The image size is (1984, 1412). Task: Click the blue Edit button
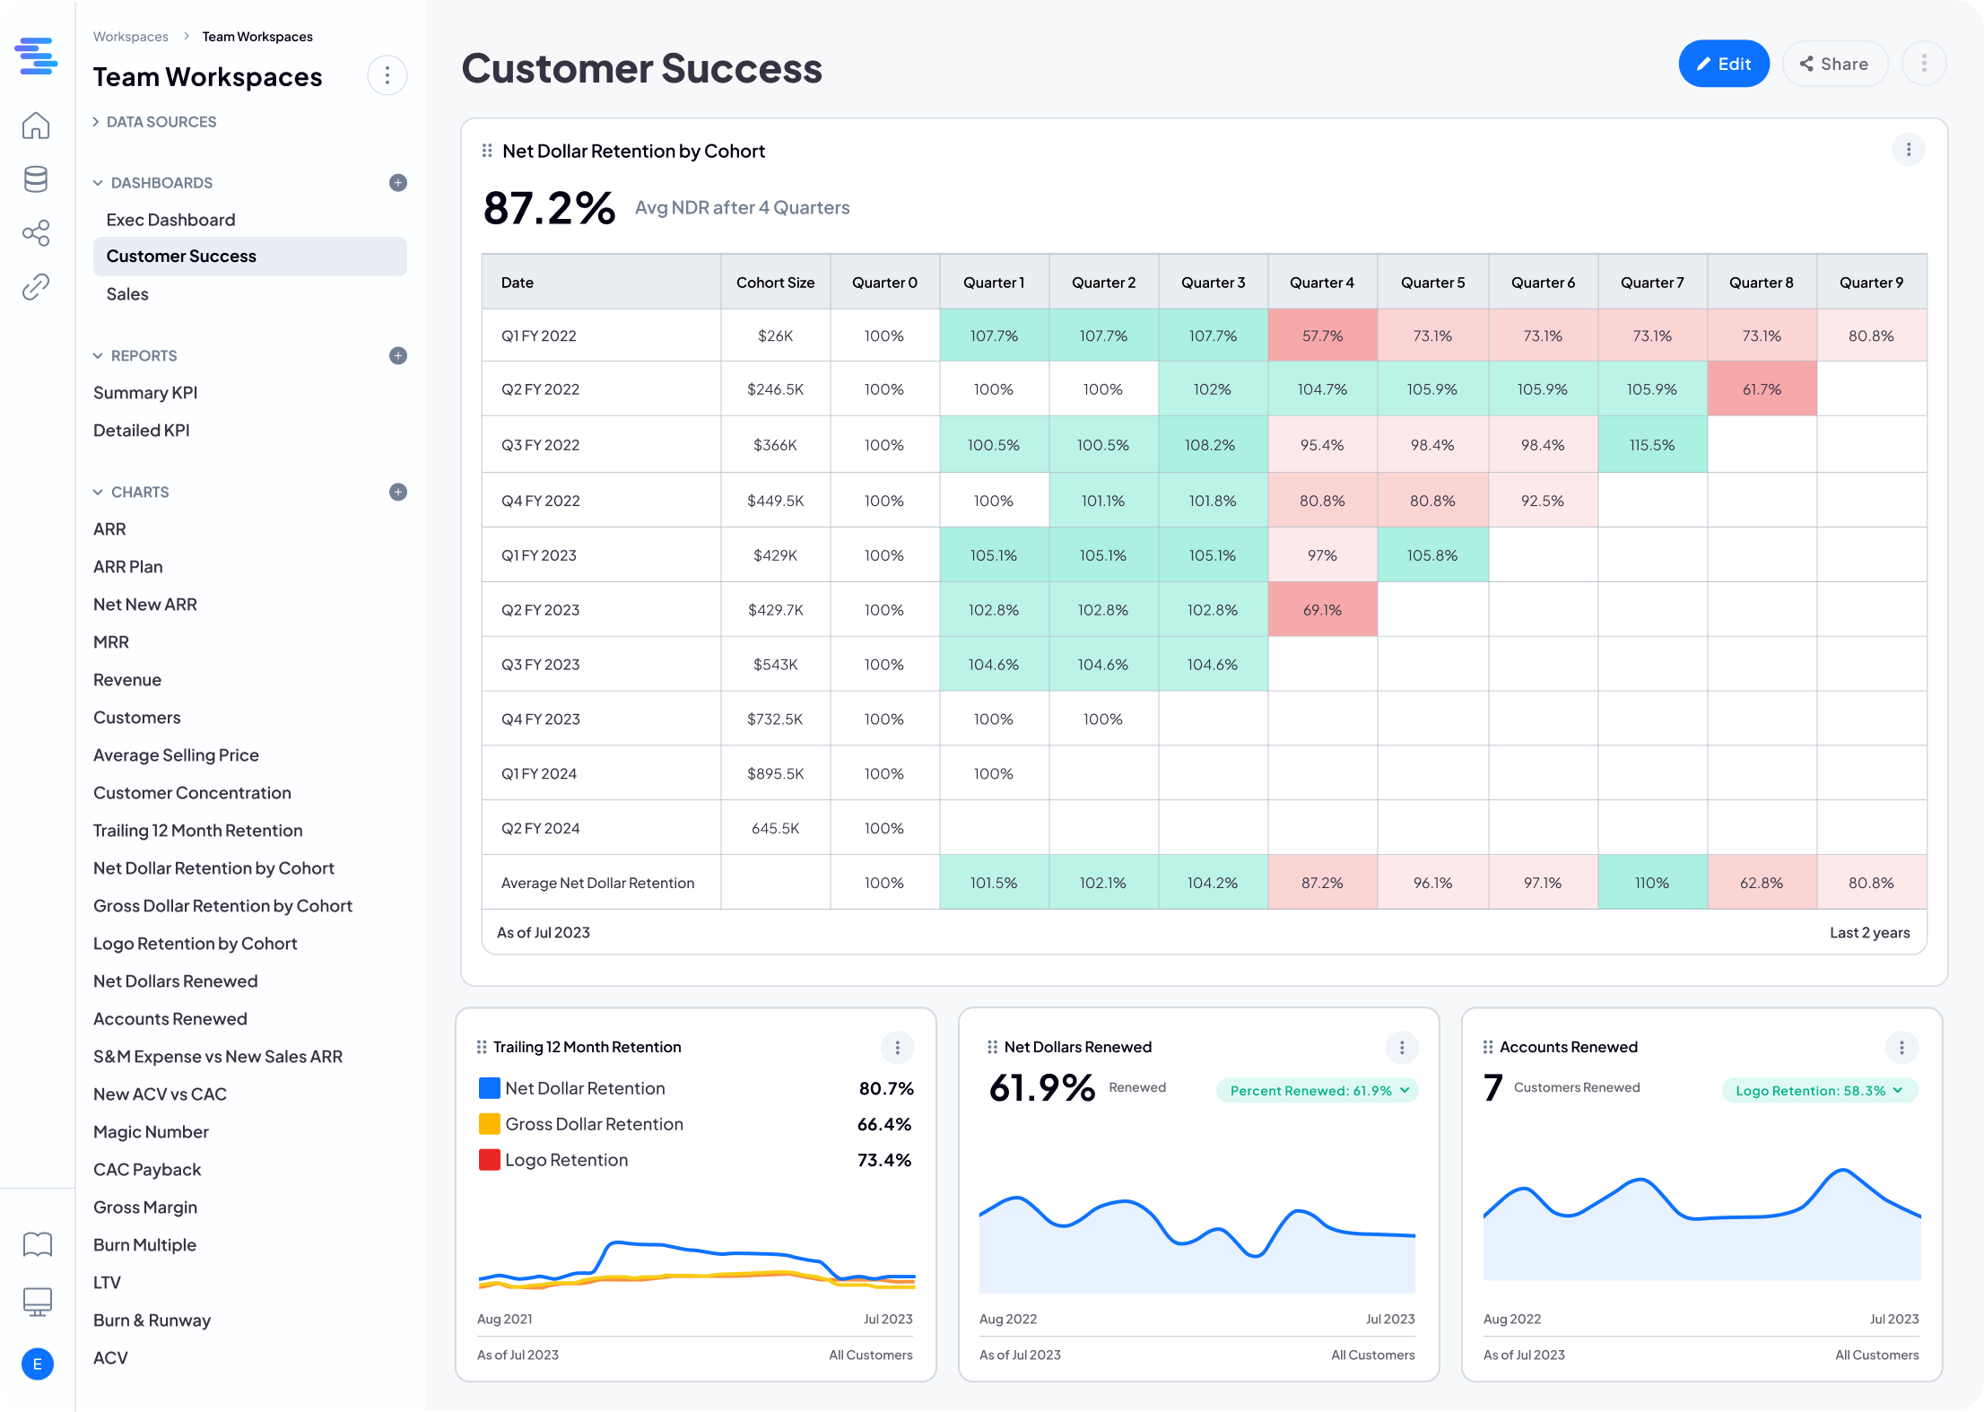pyautogui.click(x=1723, y=64)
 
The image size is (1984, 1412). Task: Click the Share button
pyautogui.click(x=1834, y=64)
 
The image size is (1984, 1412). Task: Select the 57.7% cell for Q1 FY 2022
pyautogui.click(x=1322, y=336)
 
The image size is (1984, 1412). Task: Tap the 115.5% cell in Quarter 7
pyautogui.click(x=1651, y=445)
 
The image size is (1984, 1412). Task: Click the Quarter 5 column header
pyautogui.click(x=1432, y=283)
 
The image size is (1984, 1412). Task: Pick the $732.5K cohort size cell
pyautogui.click(x=775, y=719)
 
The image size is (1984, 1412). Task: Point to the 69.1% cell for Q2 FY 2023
pyautogui.click(x=1322, y=610)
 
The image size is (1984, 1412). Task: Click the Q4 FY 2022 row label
pyautogui.click(x=541, y=501)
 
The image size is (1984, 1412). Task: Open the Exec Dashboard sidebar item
pyautogui.click(x=170, y=220)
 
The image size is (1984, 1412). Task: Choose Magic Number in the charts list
pyautogui.click(x=151, y=1132)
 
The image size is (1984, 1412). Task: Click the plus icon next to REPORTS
pyautogui.click(x=398, y=356)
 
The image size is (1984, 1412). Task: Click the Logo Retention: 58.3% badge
pyautogui.click(x=1819, y=1091)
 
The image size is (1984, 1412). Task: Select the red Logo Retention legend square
pyautogui.click(x=489, y=1160)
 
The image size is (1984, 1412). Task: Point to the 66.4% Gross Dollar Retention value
pyautogui.click(x=883, y=1124)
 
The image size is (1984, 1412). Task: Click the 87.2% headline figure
pyautogui.click(x=549, y=208)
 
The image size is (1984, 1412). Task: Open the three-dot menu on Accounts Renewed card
pyautogui.click(x=1901, y=1047)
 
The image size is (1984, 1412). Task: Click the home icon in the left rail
pyautogui.click(x=36, y=126)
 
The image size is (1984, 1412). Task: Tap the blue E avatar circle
pyautogui.click(x=37, y=1364)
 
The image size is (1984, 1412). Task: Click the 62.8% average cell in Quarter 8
pyautogui.click(x=1761, y=883)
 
